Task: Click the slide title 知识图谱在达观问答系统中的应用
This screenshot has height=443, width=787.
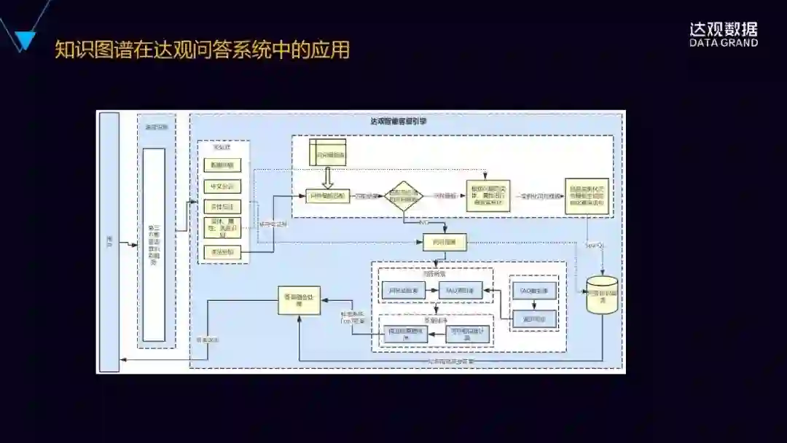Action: pos(203,50)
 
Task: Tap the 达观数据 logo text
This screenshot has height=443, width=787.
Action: pos(724,29)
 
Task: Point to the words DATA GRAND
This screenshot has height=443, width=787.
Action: pos(724,43)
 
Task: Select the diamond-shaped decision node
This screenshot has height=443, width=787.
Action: pos(404,197)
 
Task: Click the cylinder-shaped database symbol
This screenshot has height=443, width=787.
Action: pos(602,295)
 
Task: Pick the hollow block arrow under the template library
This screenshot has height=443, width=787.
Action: pos(327,176)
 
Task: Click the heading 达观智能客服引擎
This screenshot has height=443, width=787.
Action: pos(399,122)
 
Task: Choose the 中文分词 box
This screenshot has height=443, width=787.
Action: pos(222,187)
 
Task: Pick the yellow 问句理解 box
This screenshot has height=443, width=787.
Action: pos(445,242)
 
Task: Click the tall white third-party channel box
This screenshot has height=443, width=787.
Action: pos(154,245)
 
